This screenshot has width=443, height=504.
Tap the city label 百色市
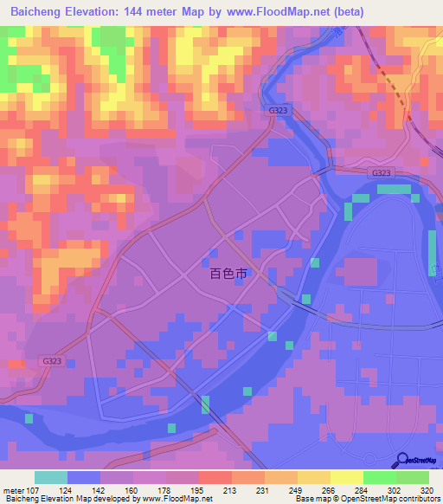click(x=228, y=273)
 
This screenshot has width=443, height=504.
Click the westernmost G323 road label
click(x=52, y=361)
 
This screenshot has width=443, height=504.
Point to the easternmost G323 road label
click(x=382, y=173)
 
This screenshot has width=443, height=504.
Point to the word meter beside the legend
click(x=11, y=490)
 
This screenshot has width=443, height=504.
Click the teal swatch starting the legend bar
click(x=51, y=477)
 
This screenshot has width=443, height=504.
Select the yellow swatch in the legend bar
click(x=314, y=477)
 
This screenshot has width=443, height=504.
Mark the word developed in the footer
click(x=90, y=499)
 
